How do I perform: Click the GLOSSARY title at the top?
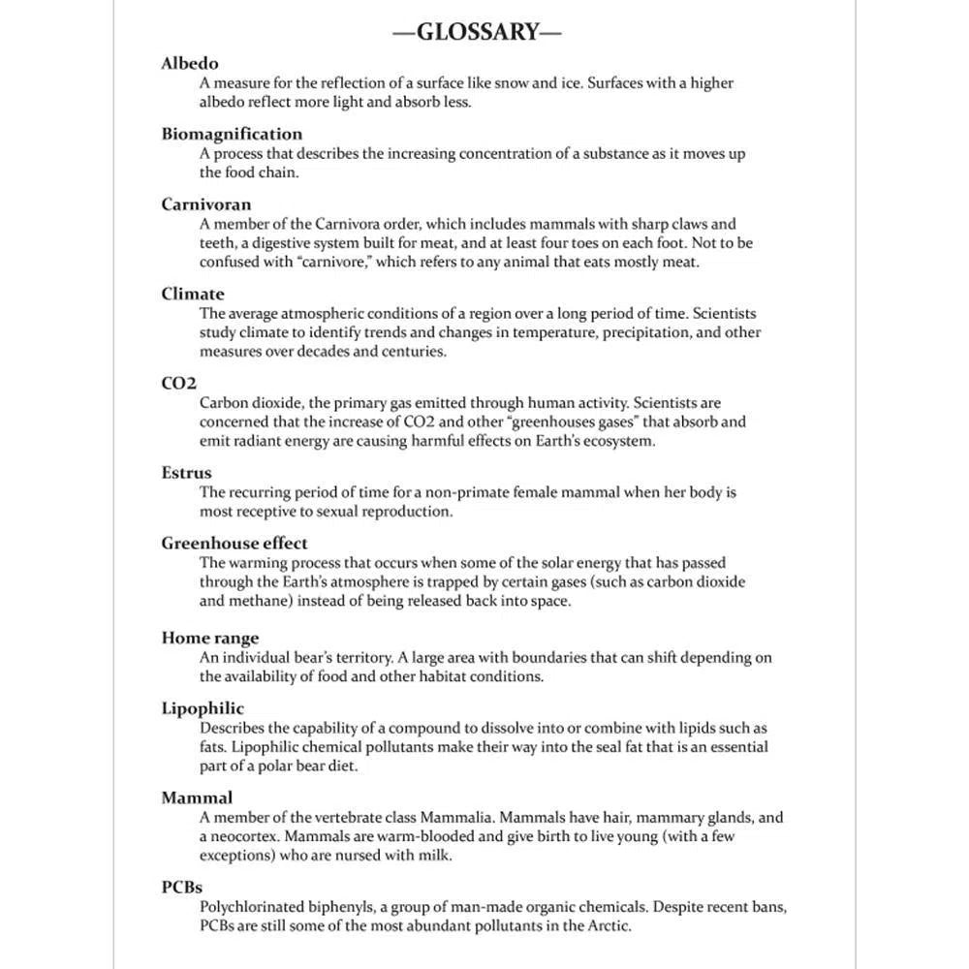477,32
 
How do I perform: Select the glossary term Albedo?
190,64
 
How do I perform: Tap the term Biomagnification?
232,134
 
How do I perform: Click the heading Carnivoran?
206,204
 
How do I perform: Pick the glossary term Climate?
193,294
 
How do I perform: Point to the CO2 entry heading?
179,383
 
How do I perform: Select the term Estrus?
186,473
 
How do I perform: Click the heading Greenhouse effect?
234,544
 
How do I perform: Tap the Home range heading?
210,638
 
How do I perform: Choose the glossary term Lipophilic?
203,708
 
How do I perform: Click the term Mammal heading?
197,798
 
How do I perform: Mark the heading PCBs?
182,888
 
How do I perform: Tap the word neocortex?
246,836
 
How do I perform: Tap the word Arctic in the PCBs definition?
607,926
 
